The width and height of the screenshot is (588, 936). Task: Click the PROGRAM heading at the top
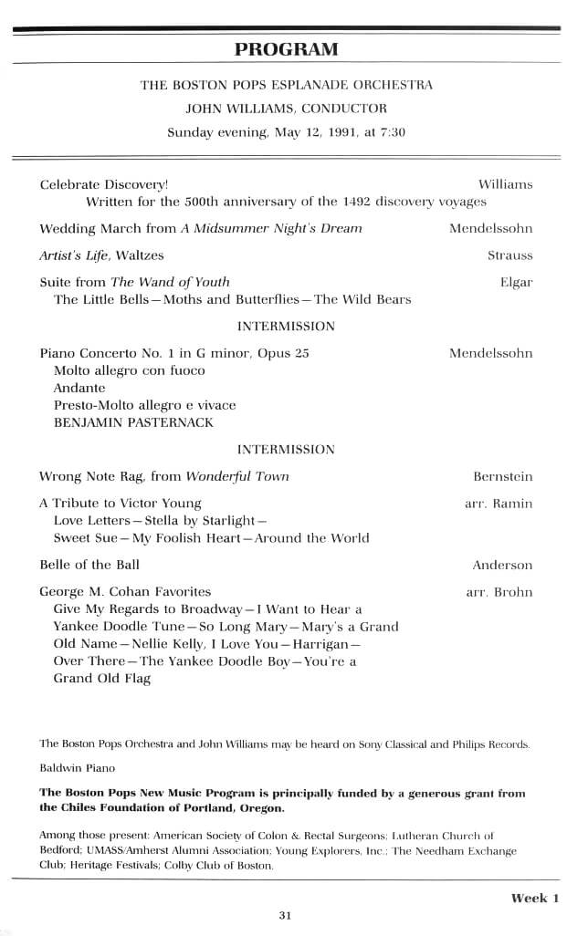pos(286,49)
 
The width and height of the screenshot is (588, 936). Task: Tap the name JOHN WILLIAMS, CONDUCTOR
pos(286,108)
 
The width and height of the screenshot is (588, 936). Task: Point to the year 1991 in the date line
pos(325,131)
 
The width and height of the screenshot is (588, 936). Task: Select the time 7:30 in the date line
pos(392,131)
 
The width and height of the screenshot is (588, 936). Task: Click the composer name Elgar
pos(516,282)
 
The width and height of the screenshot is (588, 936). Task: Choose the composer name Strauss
pos(509,255)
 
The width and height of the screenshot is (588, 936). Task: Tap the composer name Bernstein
pos(502,476)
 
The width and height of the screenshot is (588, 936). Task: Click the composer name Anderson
pos(502,565)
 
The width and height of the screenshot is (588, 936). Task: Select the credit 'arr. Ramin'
pos(499,503)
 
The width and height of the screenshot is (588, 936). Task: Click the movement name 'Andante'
pos(79,388)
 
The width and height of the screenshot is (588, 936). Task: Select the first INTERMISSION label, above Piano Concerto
pos(286,326)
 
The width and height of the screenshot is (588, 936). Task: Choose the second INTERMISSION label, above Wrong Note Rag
pos(286,449)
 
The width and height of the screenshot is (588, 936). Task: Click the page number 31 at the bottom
pos(285,916)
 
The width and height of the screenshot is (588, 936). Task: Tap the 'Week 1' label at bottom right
pos(535,898)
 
